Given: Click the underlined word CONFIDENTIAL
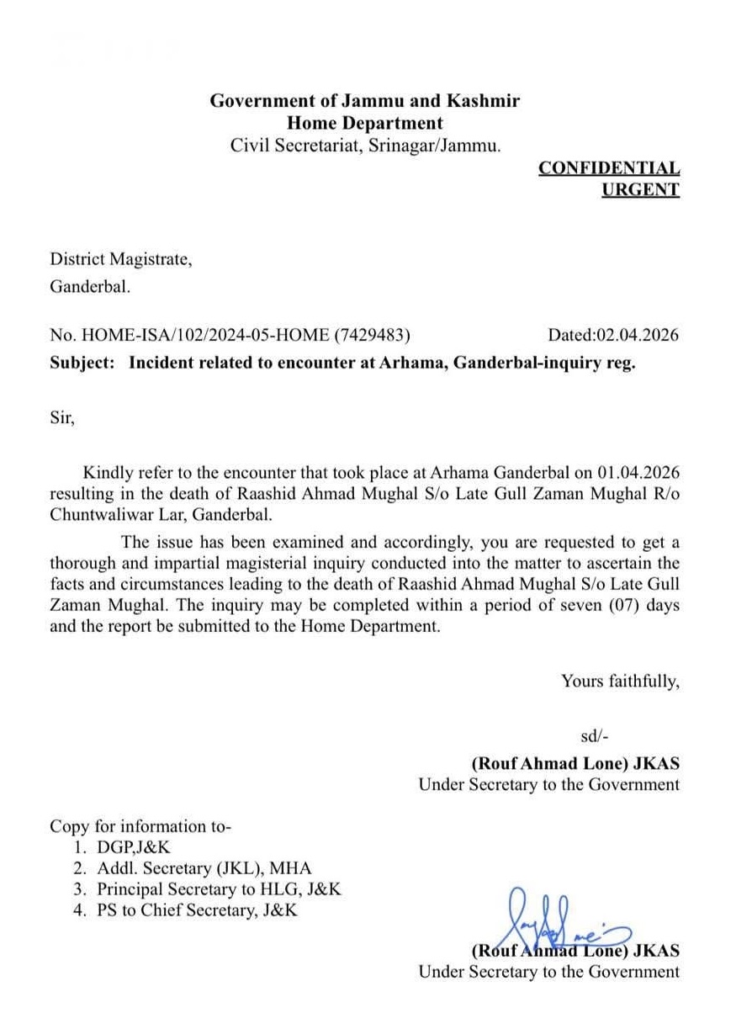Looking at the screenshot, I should pyautogui.click(x=609, y=168).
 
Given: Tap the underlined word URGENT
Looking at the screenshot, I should pyautogui.click(x=640, y=189).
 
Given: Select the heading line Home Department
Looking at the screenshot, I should pyautogui.click(x=364, y=123).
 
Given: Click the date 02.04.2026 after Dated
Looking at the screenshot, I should pyautogui.click(x=637, y=335).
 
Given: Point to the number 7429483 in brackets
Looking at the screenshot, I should pyautogui.click(x=372, y=335).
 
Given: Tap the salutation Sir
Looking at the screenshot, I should pyautogui.click(x=62, y=417).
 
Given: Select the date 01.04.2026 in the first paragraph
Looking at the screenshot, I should pyautogui.click(x=638, y=473).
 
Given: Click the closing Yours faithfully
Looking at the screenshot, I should pyautogui.click(x=620, y=681).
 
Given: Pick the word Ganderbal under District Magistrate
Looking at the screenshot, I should pyautogui.click(x=89, y=287).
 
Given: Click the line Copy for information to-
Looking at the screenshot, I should pyautogui.click(x=140, y=826).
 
